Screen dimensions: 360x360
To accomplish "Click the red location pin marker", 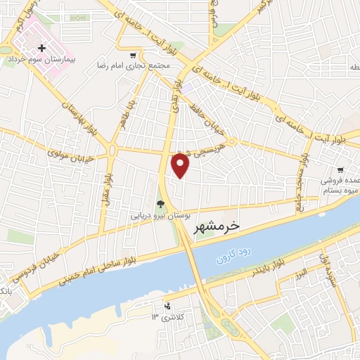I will pyautogui.click(x=181, y=167).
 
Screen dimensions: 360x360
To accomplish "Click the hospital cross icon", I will pyautogui.click(x=42, y=49).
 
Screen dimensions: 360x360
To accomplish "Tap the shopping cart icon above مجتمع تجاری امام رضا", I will pyautogui.click(x=133, y=55).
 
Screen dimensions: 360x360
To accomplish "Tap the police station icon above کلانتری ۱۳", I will pyautogui.click(x=167, y=306).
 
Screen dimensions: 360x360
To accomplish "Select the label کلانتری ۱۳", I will pyautogui.click(x=166, y=318).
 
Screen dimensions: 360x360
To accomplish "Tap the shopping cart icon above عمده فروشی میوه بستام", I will pyautogui.click(x=340, y=169).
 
